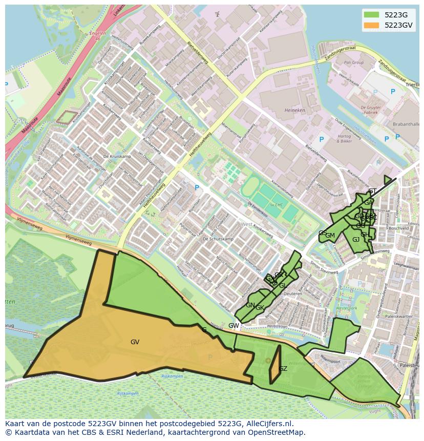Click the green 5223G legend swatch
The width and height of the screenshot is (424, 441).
(372, 15)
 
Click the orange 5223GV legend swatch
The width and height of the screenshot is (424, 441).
(372, 25)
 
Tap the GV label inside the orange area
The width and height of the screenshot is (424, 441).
(135, 342)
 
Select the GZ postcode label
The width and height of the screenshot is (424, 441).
(283, 369)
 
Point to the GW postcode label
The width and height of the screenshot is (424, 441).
(234, 326)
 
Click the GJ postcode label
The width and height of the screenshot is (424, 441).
(356, 239)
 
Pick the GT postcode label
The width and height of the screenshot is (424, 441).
(372, 191)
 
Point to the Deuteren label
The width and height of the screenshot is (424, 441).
(293, 294)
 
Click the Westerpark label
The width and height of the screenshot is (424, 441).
(346, 308)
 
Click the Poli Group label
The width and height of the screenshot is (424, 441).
(354, 62)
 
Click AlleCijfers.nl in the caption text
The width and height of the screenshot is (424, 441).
(268, 424)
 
